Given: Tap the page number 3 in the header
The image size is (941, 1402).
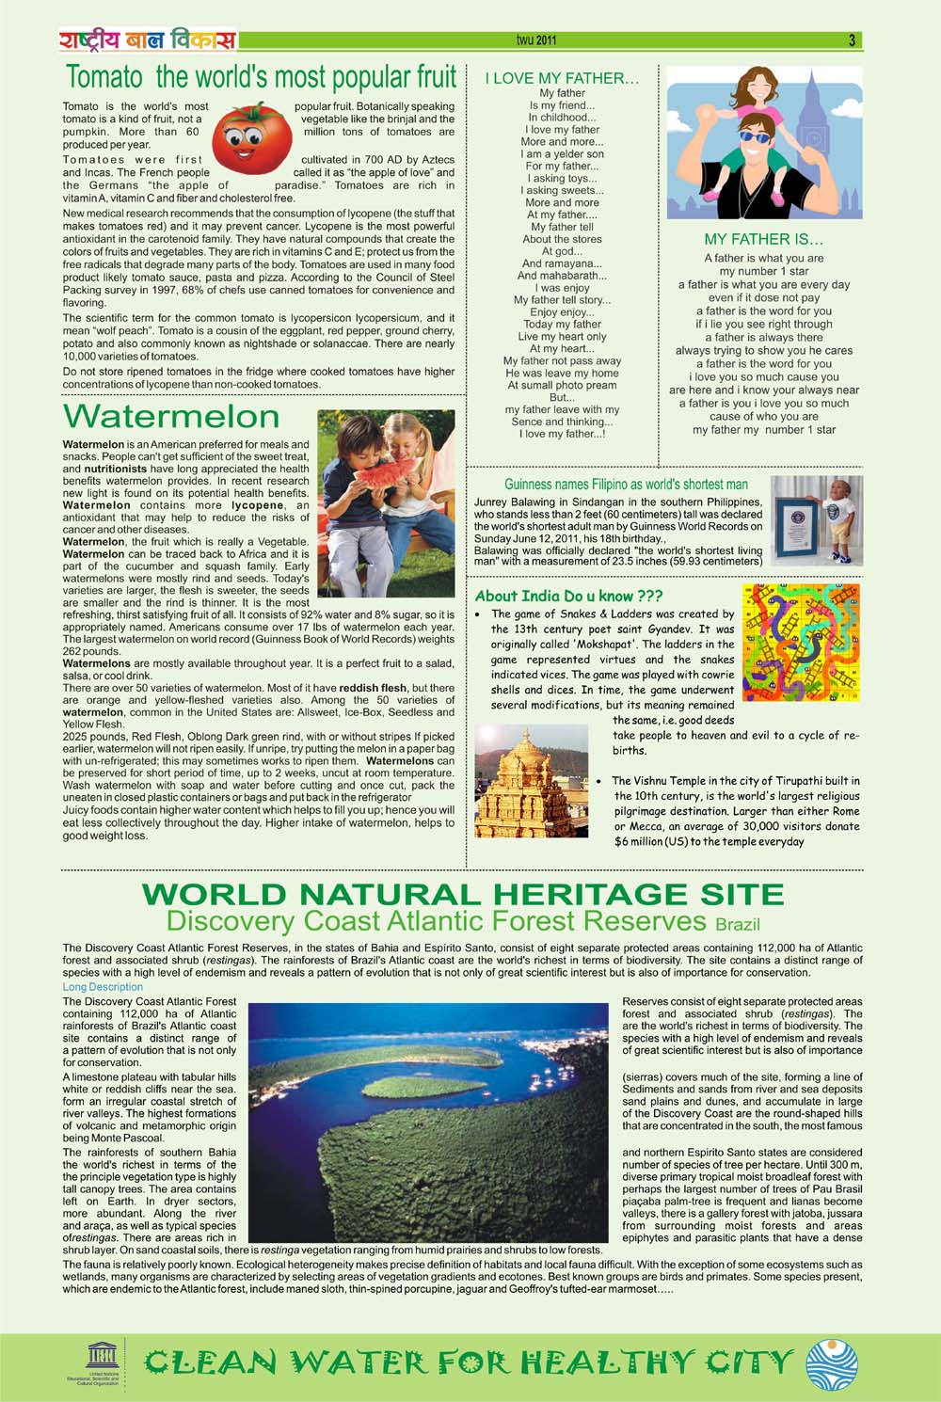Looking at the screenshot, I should [852, 40].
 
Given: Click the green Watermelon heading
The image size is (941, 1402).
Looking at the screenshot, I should [171, 416].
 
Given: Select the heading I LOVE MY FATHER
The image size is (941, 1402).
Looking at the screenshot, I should [562, 79].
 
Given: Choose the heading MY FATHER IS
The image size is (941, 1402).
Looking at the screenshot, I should [764, 240].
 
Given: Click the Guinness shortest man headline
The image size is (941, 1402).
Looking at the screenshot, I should [626, 485].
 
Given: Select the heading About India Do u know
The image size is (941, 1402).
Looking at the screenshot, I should [568, 596].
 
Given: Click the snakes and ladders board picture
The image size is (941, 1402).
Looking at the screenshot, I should [801, 643].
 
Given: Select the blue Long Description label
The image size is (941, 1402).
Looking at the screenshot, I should [103, 987].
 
